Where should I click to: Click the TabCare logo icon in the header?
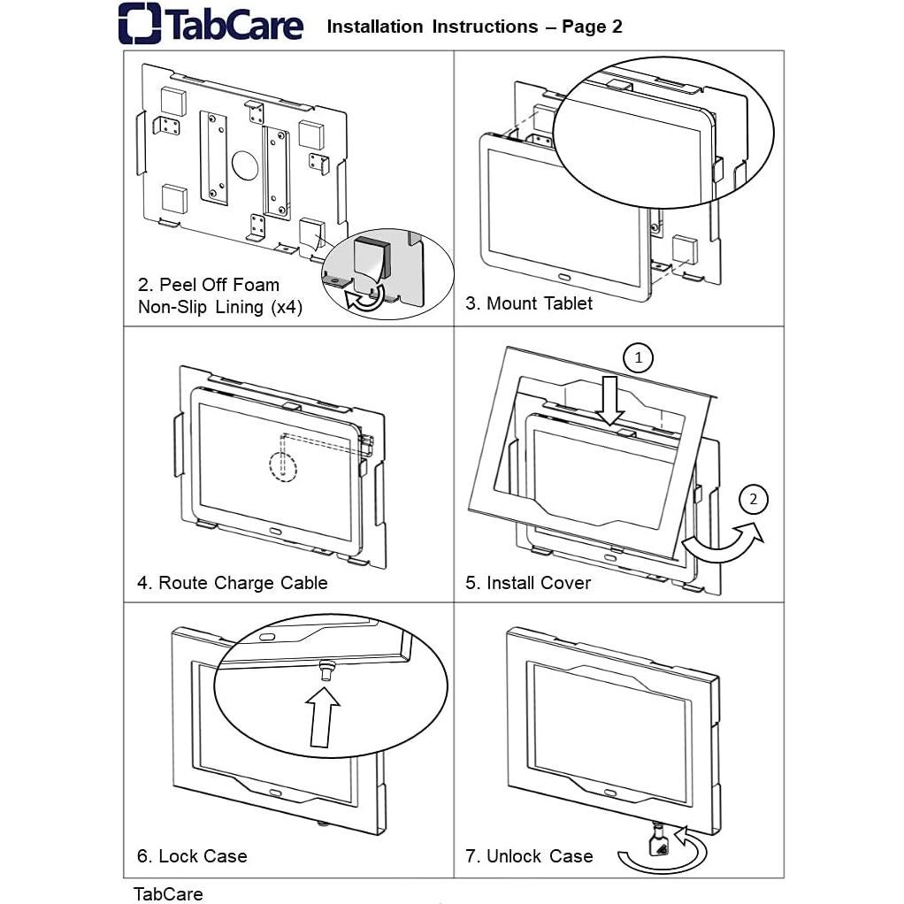coord(140,24)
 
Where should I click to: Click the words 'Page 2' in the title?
coord(592,27)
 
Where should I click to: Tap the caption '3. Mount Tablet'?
coord(529,303)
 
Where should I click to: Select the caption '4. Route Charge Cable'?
coord(232,583)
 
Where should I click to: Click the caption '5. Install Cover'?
coord(528,583)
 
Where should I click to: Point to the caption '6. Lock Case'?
coord(192,856)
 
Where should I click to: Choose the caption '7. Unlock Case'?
coord(529,856)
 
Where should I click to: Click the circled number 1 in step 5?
coord(639,358)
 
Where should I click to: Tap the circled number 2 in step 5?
coord(753,500)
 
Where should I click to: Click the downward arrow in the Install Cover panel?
coord(610,402)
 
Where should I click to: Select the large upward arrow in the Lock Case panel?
coord(324,716)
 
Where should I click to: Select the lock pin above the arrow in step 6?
coord(326,670)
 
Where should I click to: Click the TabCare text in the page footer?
coord(168,893)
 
